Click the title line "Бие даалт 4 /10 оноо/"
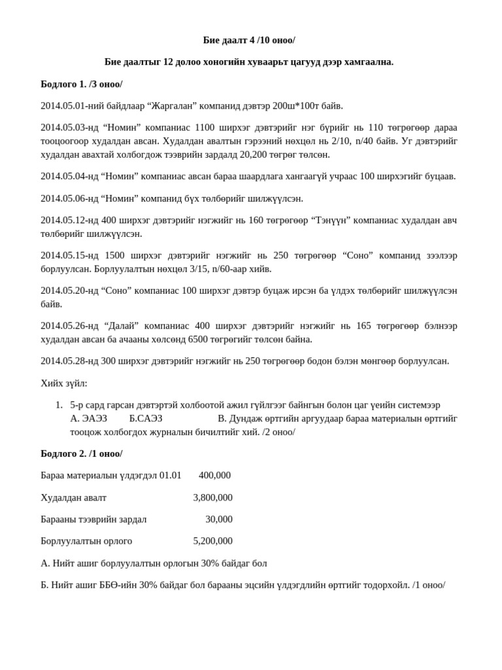pyautogui.click(x=248, y=40)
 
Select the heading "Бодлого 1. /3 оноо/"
pyautogui.click(x=81, y=84)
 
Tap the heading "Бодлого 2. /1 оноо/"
pyautogui.click(x=81, y=453)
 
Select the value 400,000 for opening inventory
pyautogui.click(x=214, y=475)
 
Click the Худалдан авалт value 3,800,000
pyautogui.click(x=212, y=497)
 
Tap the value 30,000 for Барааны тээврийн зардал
pyautogui.click(x=218, y=519)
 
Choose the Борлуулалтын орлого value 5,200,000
pyautogui.click(x=212, y=540)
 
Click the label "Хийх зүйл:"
pyautogui.click(x=63, y=383)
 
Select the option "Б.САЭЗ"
pyautogui.click(x=146, y=418)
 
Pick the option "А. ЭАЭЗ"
pyautogui.click(x=88, y=418)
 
